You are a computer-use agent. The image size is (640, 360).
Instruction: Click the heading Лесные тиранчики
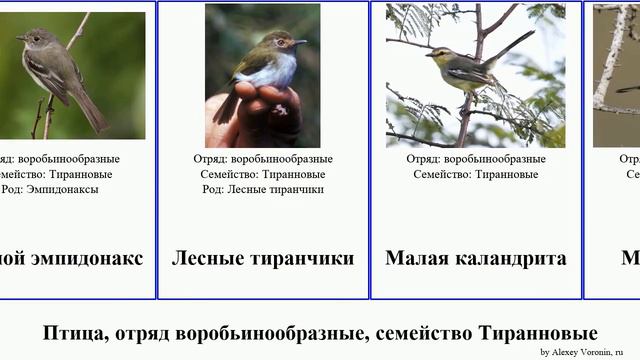pos(263,258)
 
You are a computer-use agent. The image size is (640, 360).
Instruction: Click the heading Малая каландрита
pos(475,258)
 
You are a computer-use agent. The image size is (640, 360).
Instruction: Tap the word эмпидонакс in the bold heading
pos(89,258)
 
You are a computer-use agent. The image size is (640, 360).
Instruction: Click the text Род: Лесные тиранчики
pos(263,189)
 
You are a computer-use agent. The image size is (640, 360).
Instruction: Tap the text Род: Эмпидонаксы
pos(50,189)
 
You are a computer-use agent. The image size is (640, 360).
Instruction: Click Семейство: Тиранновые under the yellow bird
pos(475,174)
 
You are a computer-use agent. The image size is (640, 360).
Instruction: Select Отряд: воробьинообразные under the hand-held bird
pos(263,159)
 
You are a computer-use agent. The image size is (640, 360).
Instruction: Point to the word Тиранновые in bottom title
pos(538,333)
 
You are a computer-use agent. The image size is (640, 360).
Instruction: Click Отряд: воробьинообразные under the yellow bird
pos(475,159)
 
